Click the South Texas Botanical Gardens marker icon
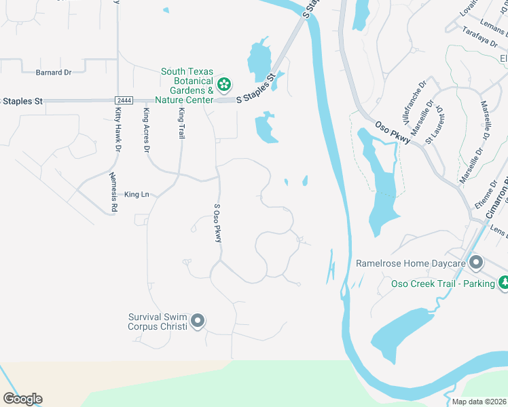click(x=224, y=85)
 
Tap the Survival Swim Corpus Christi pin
click(x=198, y=321)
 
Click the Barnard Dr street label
click(x=54, y=73)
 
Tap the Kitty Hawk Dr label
click(x=118, y=128)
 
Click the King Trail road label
click(x=181, y=123)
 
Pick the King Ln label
click(x=137, y=195)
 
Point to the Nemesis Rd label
click(x=114, y=192)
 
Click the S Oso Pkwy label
click(x=218, y=223)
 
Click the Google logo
click(x=22, y=399)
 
